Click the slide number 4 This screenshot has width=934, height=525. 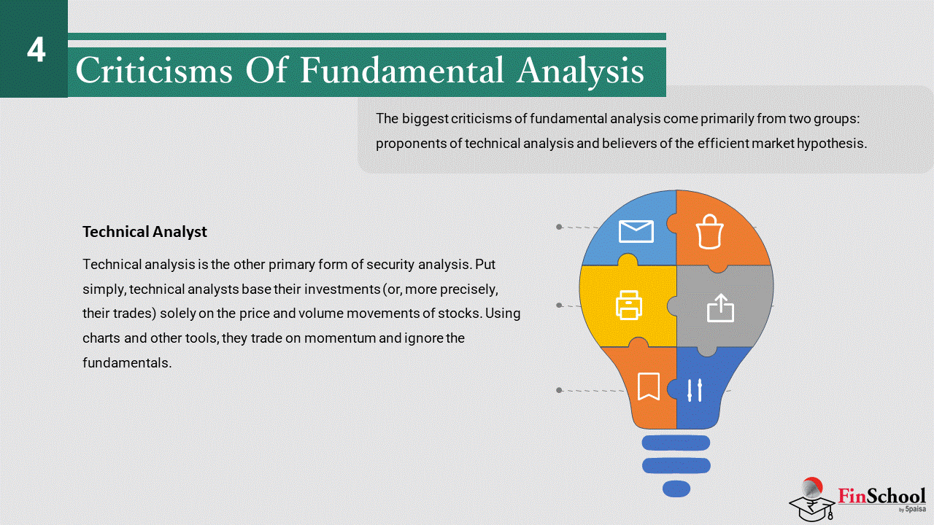click(x=36, y=50)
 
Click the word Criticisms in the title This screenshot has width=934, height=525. click(x=154, y=70)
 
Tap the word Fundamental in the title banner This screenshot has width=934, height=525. click(x=402, y=69)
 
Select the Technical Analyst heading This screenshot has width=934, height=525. click(x=144, y=232)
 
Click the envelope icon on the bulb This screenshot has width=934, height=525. click(x=636, y=231)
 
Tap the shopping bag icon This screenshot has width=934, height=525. click(x=709, y=232)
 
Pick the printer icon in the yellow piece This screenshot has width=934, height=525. click(x=629, y=306)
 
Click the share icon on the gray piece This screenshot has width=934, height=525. click(x=720, y=308)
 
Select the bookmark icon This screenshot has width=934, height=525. click(x=649, y=386)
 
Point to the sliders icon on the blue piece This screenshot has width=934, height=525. click(x=695, y=390)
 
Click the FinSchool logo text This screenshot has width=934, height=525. click(x=881, y=497)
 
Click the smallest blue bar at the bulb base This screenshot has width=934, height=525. click(x=676, y=489)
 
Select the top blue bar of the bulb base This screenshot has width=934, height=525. click(x=676, y=443)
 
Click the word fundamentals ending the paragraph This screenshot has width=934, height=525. click(x=127, y=362)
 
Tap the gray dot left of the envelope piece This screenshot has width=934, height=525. click(x=559, y=227)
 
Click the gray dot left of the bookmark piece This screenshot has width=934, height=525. click(x=559, y=390)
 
